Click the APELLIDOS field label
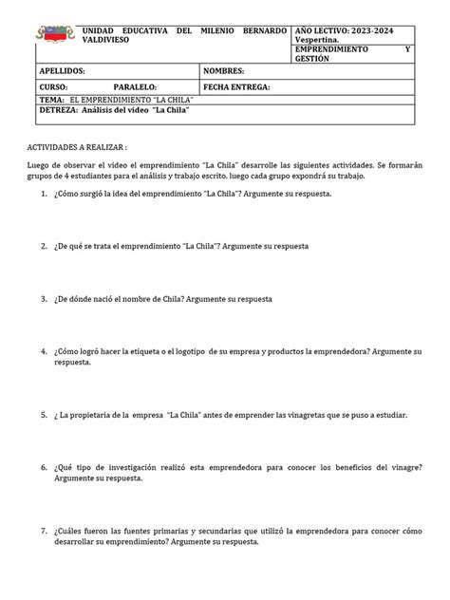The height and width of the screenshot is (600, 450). point(62,71)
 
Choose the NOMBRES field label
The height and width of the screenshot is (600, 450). point(224,71)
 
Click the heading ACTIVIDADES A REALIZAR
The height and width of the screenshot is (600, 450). point(77,149)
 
